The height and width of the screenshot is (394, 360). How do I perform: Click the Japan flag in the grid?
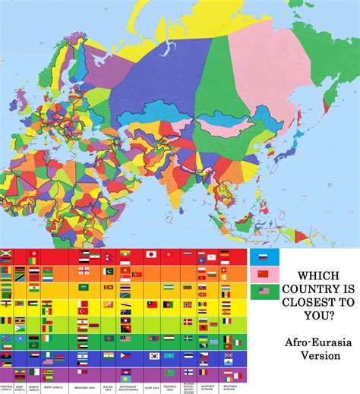click(150, 254)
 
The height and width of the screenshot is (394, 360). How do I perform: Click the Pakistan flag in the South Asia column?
click(109, 271)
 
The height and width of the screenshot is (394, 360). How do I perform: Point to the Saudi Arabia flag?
click(84, 287)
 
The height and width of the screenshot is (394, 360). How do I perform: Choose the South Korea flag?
click(155, 355)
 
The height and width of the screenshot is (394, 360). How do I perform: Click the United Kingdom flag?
click(227, 355)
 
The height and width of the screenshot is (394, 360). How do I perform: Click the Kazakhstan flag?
click(168, 355)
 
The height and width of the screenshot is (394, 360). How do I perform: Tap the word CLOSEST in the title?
click(318, 301)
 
